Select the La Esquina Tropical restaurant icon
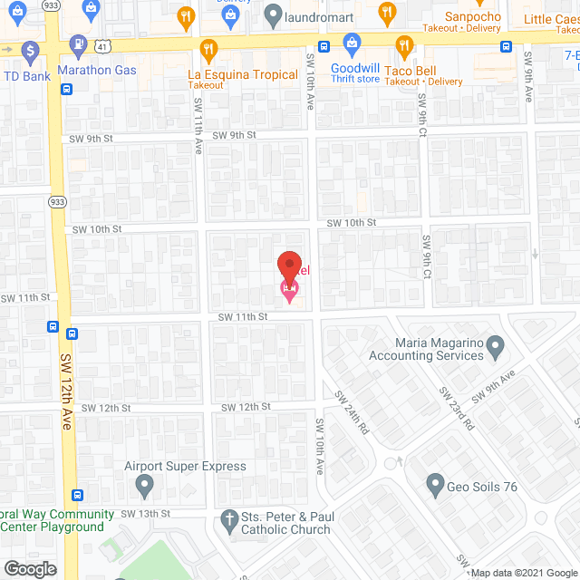(x=209, y=49)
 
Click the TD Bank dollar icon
(x=30, y=51)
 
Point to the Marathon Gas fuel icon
(x=80, y=43)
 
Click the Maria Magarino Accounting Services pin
(x=495, y=345)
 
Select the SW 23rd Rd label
(x=457, y=408)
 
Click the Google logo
(x=29, y=569)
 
